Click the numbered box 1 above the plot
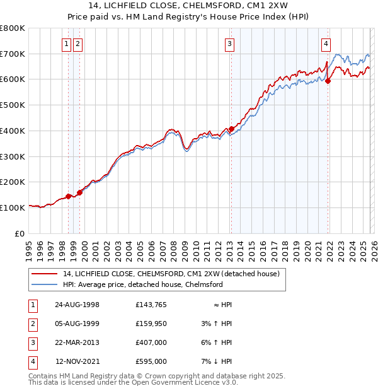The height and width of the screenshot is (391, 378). click(66, 44)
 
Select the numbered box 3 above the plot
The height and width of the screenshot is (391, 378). click(229, 44)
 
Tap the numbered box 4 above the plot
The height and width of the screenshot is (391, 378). click(326, 44)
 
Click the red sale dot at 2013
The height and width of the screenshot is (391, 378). click(231, 129)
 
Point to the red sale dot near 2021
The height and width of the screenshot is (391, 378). click(328, 80)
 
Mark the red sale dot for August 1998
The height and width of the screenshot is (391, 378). click(69, 196)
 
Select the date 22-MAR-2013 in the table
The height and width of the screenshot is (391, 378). click(77, 342)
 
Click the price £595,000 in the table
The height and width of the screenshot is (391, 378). click(151, 361)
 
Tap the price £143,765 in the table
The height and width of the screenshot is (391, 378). click(151, 305)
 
